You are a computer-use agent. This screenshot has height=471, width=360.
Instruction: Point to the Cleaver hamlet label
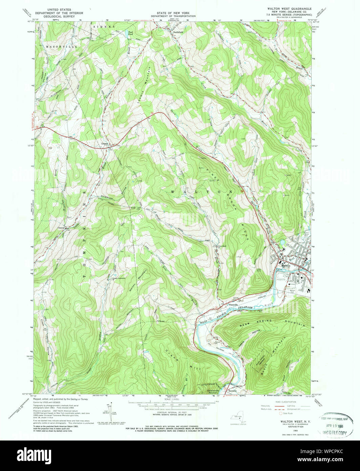point(61,228)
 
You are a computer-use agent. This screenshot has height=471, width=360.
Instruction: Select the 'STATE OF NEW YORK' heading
point(173,12)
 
